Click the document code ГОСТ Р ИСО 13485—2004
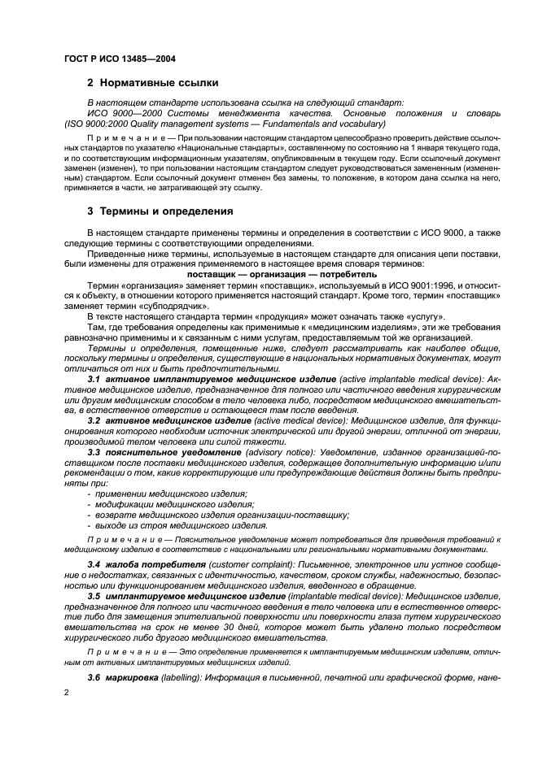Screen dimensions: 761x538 point(119,59)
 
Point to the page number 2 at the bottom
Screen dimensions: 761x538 point(66,692)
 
